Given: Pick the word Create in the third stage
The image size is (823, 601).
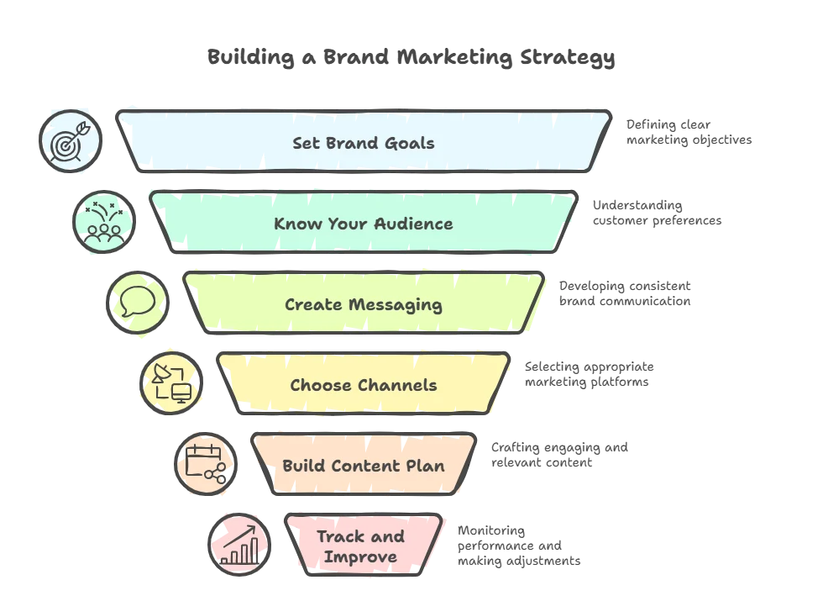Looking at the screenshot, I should pyautogui.click(x=312, y=304).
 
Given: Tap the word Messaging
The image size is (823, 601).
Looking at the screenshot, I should pyautogui.click(x=394, y=305).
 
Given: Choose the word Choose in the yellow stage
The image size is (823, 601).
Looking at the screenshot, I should pyautogui.click(x=319, y=385).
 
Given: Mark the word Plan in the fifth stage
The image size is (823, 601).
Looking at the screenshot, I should pyautogui.click(x=426, y=466).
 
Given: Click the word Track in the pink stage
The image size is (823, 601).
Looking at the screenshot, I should pyautogui.click(x=338, y=537).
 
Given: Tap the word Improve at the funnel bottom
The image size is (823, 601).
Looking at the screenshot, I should pyautogui.click(x=360, y=556).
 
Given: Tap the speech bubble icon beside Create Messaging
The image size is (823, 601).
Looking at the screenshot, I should pyautogui.click(x=137, y=303).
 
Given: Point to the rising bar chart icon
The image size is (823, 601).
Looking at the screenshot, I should pyautogui.click(x=239, y=544).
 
